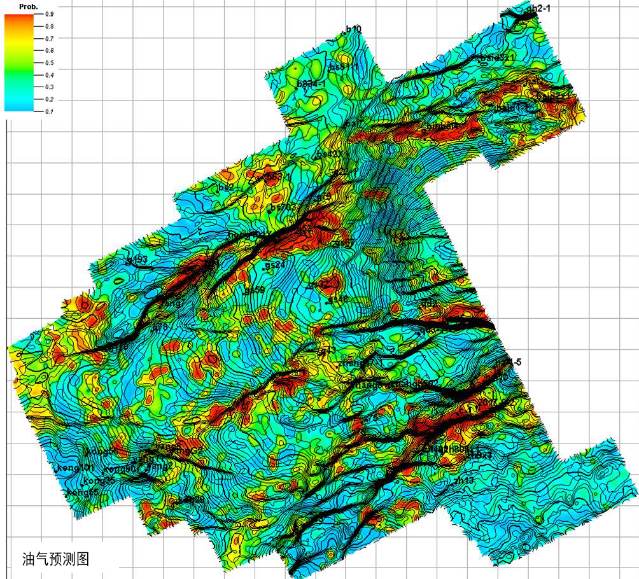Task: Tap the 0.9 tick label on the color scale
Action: pos(50,13)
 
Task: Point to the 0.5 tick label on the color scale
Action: pos(50,62)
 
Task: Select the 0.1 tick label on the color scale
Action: pos(50,111)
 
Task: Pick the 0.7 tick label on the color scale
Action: pos(50,38)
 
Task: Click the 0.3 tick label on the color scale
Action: pos(50,87)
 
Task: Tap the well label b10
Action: pos(353,29)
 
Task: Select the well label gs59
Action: pos(255,290)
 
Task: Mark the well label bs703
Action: pos(284,207)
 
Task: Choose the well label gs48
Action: pos(339,298)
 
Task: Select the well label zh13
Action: pos(465,479)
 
